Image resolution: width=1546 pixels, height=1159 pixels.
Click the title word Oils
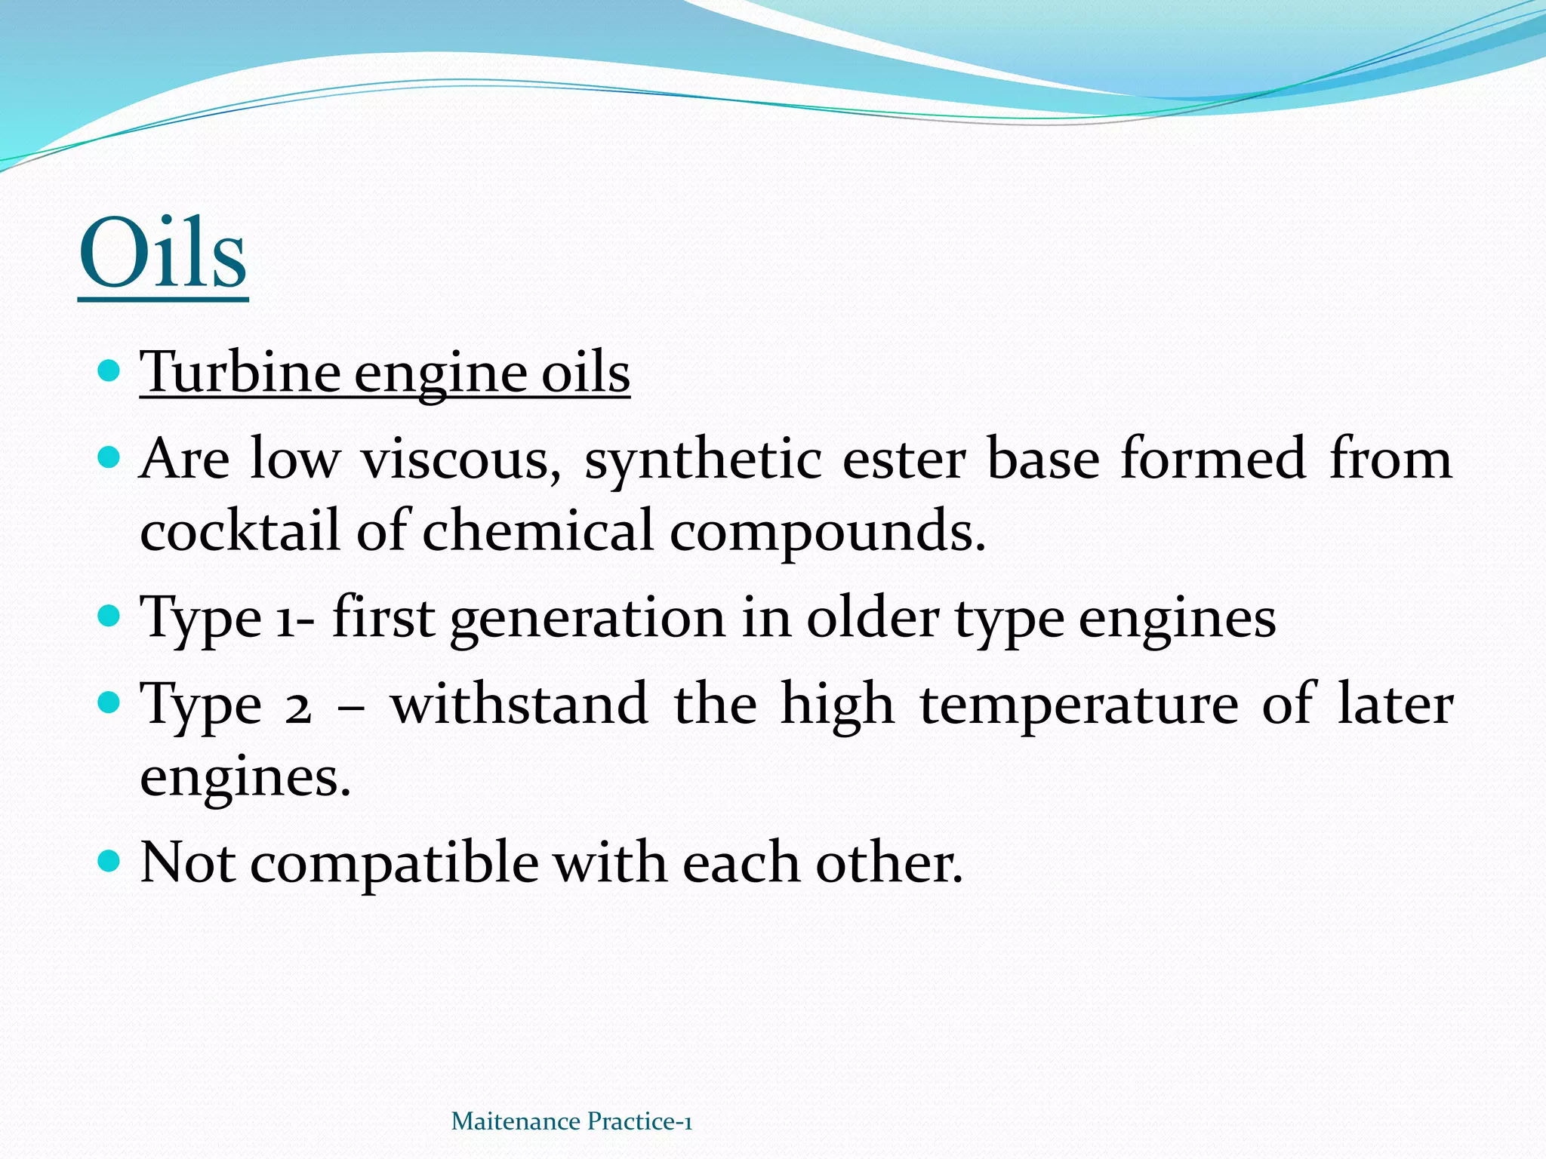[x=163, y=254]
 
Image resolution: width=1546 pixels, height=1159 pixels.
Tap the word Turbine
[x=240, y=373]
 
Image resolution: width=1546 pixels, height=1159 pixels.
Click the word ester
[x=904, y=459]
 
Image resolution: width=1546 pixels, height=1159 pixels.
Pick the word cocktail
[x=240, y=530]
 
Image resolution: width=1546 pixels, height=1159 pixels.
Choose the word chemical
[x=537, y=530]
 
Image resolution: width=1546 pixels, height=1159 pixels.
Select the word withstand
[x=519, y=703]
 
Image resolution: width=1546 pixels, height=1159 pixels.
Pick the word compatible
[x=394, y=863]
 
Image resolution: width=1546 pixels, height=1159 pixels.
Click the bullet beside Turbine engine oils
[x=109, y=371]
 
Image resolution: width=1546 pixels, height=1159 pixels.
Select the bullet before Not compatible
[x=109, y=859]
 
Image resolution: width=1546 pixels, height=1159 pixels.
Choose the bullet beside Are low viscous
[x=109, y=457]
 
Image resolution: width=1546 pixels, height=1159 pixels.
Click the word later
[x=1394, y=703]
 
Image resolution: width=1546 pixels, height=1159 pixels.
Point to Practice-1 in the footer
[x=639, y=1121]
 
